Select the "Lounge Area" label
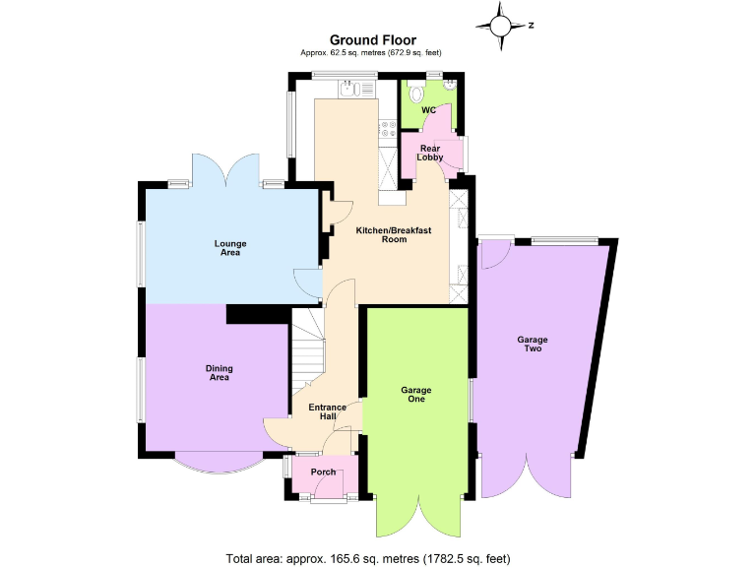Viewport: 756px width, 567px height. click(230, 248)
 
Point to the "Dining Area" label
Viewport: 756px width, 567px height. click(218, 373)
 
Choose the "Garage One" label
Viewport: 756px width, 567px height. click(415, 396)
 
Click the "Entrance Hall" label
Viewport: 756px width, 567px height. click(327, 411)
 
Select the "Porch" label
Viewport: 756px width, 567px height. click(323, 472)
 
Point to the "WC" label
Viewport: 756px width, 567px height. click(428, 110)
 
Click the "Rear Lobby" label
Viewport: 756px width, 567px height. click(430, 153)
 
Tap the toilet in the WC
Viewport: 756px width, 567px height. click(417, 93)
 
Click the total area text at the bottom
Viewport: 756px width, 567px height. click(368, 558)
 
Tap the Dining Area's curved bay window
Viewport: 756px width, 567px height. click(220, 461)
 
